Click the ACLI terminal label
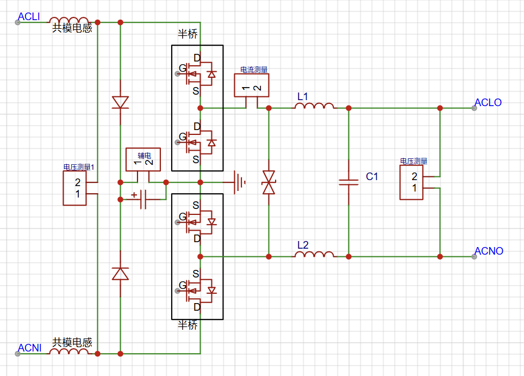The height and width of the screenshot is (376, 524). click(29, 16)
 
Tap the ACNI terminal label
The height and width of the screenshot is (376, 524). click(29, 348)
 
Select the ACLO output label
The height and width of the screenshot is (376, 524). click(488, 102)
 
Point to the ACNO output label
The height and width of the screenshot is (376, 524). click(489, 251)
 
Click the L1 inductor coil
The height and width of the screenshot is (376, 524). click(314, 106)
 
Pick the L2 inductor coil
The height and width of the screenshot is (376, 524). click(314, 254)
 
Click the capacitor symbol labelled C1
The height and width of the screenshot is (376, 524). click(348, 182)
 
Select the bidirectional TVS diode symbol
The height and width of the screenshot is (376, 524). click(269, 182)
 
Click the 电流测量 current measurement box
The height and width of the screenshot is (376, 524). click(252, 85)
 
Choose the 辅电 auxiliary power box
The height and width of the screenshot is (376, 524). click(143, 159)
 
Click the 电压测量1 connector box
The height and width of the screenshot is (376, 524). click(75, 188)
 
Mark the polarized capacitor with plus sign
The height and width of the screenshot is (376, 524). click(143, 199)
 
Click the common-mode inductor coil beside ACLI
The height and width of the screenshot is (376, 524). click(69, 21)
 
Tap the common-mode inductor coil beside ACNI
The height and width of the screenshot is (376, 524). click(69, 352)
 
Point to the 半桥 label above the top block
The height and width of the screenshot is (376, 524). click(188, 34)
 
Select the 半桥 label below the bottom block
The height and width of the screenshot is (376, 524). click(188, 325)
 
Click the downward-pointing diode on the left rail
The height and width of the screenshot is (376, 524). click(120, 102)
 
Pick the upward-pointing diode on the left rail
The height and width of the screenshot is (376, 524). click(120, 274)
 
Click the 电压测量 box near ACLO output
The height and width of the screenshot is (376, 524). click(411, 182)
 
